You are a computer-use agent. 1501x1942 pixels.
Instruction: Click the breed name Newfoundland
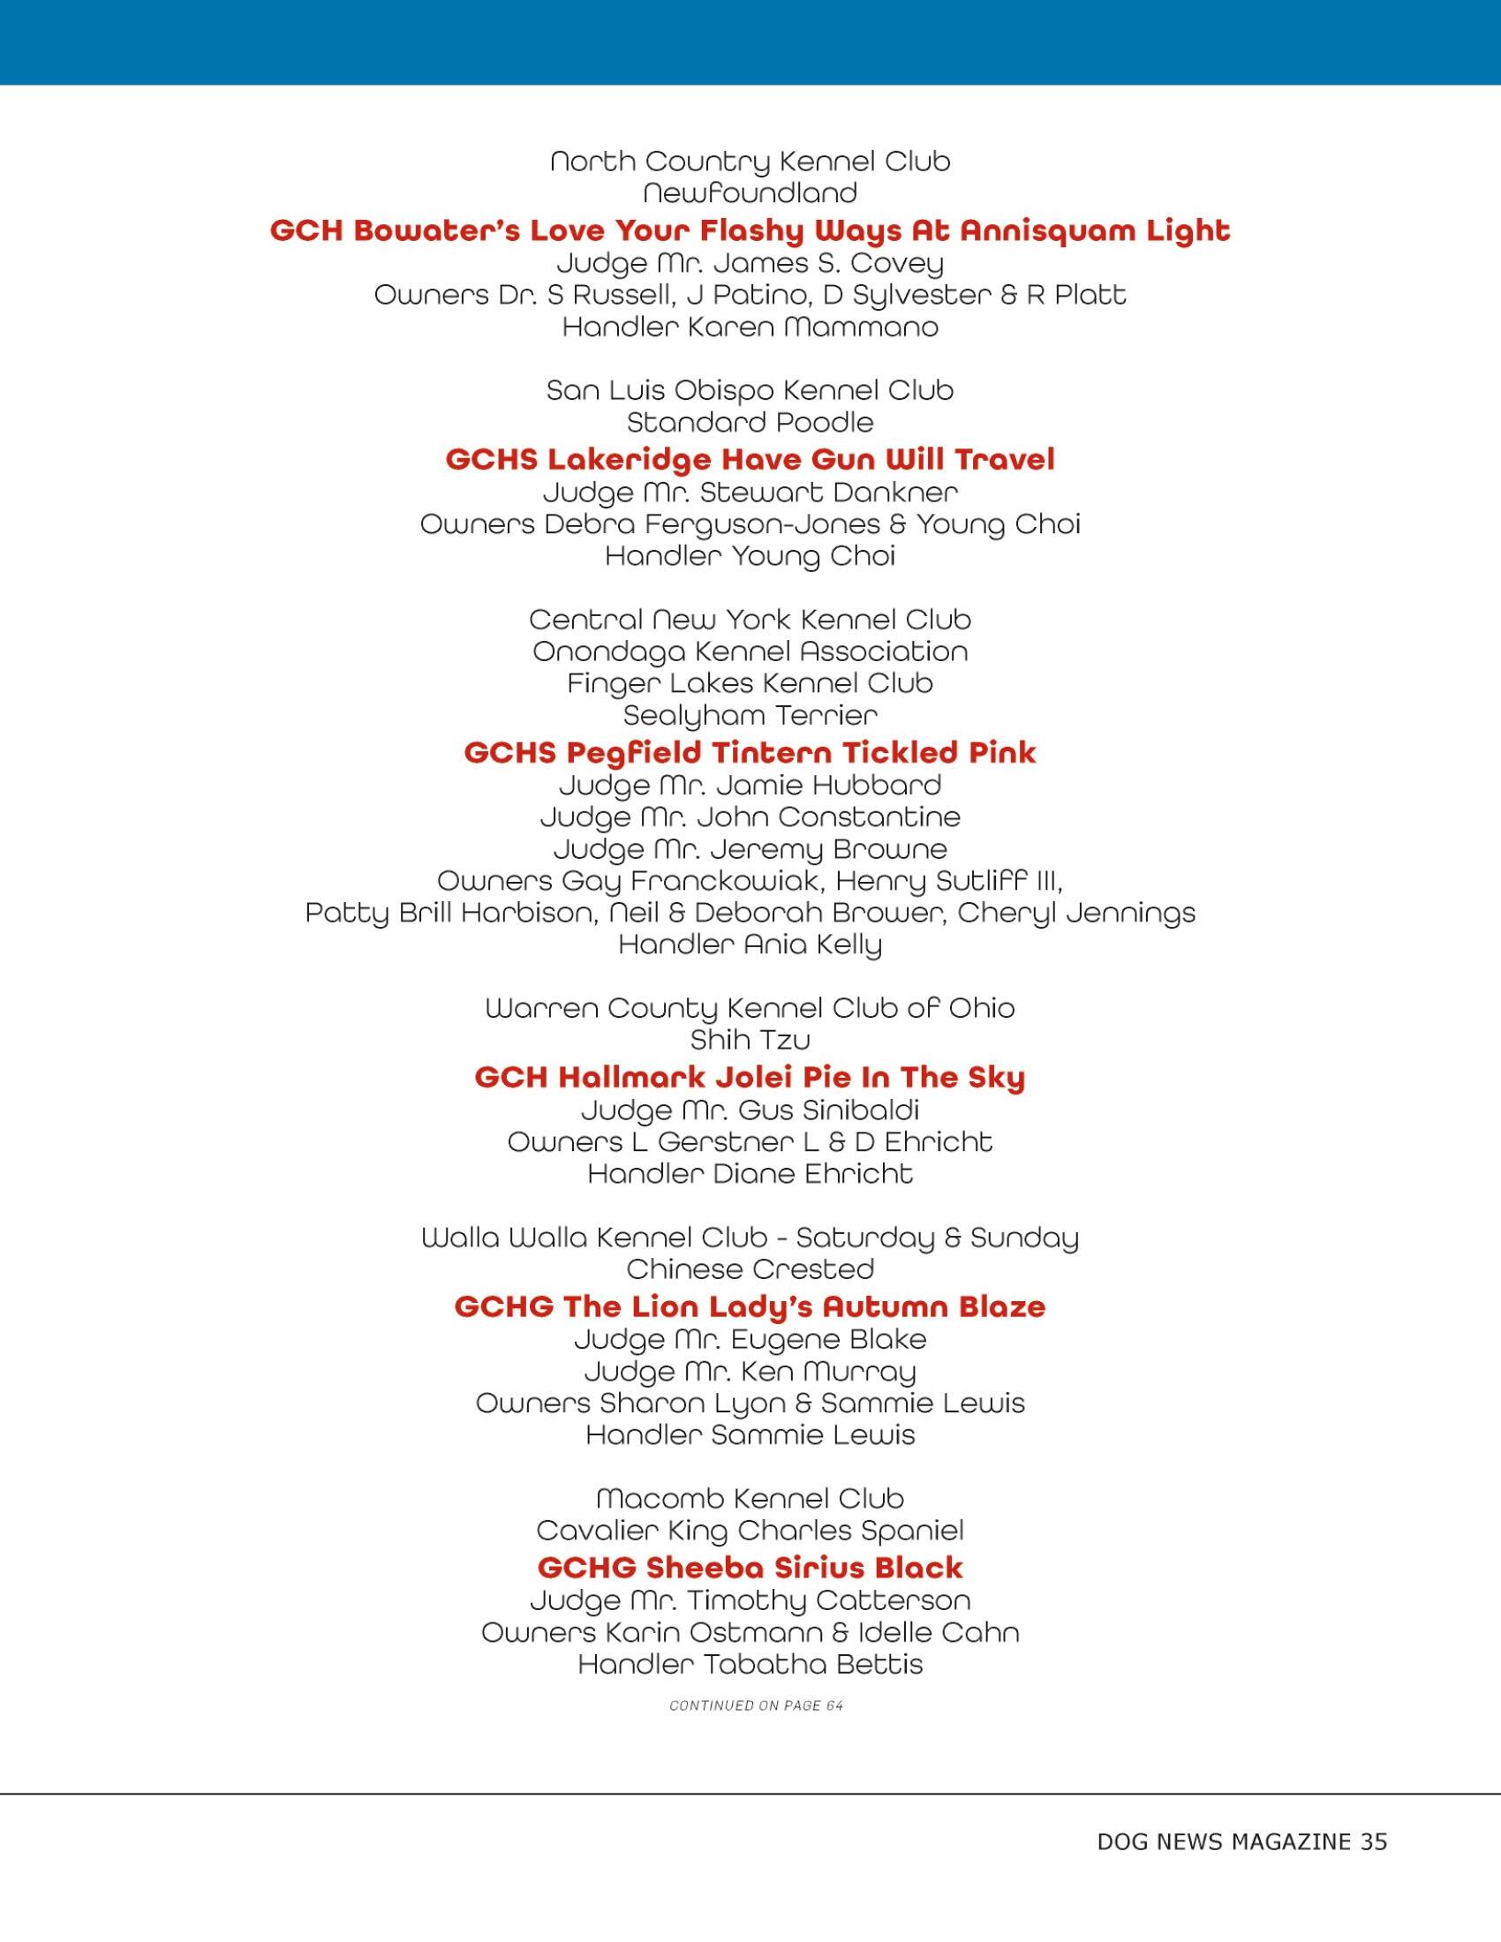coord(750,193)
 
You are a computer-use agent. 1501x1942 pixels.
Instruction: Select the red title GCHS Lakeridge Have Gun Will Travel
coord(750,459)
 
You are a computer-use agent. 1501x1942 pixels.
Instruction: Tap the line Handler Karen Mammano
coord(750,327)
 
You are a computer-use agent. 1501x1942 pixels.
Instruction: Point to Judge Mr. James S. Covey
coord(750,263)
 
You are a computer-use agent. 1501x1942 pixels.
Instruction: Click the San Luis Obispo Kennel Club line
coord(750,390)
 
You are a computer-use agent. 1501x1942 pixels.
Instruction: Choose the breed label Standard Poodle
coord(750,422)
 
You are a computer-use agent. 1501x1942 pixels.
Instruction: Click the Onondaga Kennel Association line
coord(750,651)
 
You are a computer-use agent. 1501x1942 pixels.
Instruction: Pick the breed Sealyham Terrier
coord(750,715)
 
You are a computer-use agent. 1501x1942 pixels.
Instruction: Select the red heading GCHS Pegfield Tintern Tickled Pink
coord(750,752)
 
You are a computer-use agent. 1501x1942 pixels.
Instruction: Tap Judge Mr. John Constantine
coord(750,817)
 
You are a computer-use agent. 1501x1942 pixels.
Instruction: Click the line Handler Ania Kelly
coord(750,945)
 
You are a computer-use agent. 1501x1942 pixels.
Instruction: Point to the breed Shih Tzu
coord(750,1040)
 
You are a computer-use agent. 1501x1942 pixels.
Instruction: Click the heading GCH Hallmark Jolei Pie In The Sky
coord(750,1077)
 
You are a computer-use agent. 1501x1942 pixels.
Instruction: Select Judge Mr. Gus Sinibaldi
coord(750,1110)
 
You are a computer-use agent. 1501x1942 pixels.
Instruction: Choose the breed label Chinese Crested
coord(750,1268)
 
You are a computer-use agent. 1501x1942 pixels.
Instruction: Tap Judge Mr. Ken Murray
coord(750,1371)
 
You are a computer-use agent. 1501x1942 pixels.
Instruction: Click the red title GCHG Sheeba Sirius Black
coord(750,1567)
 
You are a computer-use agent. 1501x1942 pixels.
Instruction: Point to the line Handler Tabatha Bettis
coord(750,1664)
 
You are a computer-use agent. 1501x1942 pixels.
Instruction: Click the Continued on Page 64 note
coord(756,1705)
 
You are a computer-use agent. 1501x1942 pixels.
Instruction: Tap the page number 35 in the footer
coord(1373,1842)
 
